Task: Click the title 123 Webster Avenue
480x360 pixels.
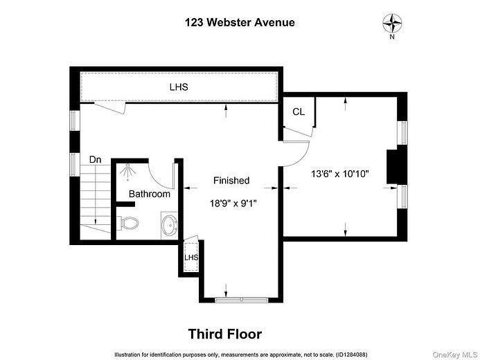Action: [240, 22]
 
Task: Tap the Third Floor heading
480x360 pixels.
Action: [225, 334]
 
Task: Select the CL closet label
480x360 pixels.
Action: [299, 111]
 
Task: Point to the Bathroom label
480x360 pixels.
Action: [149, 194]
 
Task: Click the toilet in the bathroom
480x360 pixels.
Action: [129, 224]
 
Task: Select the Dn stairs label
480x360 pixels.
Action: [96, 160]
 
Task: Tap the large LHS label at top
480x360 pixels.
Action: [179, 88]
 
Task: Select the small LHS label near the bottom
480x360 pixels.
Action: [191, 258]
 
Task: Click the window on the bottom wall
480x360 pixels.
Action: [241, 299]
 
